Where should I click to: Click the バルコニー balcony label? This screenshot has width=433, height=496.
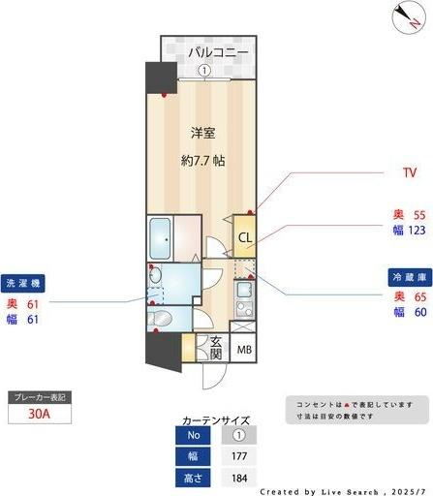click(219, 51)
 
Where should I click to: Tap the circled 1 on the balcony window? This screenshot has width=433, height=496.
click(203, 70)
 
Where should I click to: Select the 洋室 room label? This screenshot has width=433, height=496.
click(201, 132)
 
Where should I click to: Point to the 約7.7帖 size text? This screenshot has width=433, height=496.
click(202, 161)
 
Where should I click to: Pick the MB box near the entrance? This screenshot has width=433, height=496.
click(245, 350)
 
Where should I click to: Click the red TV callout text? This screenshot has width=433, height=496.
click(409, 173)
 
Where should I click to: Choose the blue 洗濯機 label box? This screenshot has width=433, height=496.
click(23, 285)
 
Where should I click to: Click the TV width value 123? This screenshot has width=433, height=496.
click(419, 231)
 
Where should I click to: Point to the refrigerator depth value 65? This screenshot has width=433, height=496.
click(419, 295)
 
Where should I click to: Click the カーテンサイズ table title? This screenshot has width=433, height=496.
click(215, 421)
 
